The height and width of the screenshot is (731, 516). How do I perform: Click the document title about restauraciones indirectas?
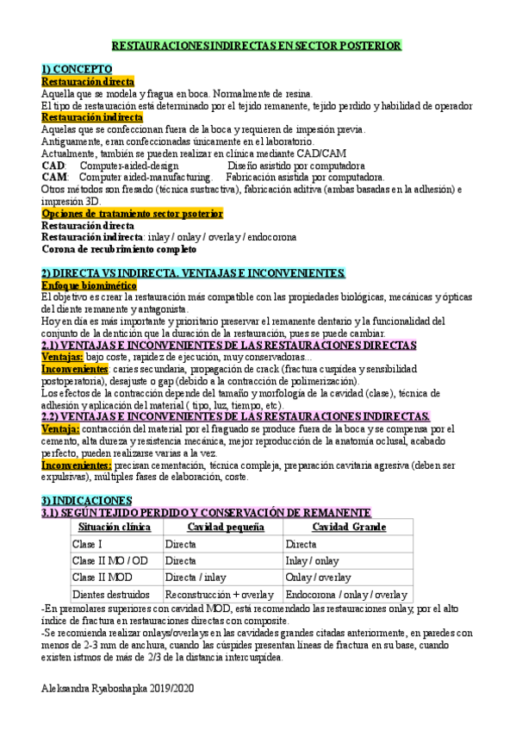pyautogui.click(x=258, y=46)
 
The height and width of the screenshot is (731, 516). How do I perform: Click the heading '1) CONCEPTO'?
pyautogui.click(x=77, y=69)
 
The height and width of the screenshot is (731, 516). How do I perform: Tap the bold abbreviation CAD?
pyautogui.click(x=53, y=165)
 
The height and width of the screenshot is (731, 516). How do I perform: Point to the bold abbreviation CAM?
pyautogui.click(x=53, y=177)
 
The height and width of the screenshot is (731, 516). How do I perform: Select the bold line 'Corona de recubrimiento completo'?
pyautogui.click(x=119, y=249)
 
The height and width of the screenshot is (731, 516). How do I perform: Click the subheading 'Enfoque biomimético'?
pyautogui.click(x=89, y=284)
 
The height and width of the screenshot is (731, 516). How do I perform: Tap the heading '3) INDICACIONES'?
pyautogui.click(x=86, y=500)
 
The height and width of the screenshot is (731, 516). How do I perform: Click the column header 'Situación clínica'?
pyautogui.click(x=115, y=528)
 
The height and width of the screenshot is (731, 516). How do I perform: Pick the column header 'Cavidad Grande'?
pyautogui.click(x=348, y=528)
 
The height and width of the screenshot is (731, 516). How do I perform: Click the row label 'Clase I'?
pyautogui.click(x=88, y=545)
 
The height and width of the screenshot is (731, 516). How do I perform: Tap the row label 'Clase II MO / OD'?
pyautogui.click(x=109, y=561)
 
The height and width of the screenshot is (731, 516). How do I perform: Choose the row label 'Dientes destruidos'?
pyautogui.click(x=111, y=595)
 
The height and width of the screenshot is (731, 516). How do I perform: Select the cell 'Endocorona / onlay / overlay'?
pyautogui.click(x=346, y=595)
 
